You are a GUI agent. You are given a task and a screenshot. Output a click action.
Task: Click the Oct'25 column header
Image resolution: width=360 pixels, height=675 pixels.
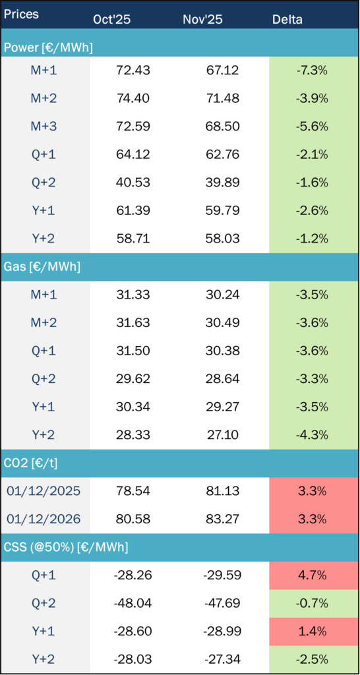pyautogui.click(x=112, y=19)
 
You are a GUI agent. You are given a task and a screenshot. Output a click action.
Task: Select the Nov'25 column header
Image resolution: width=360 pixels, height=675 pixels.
pyautogui.click(x=202, y=19)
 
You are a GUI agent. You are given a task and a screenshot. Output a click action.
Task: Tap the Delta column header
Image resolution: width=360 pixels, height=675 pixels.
pyautogui.click(x=287, y=19)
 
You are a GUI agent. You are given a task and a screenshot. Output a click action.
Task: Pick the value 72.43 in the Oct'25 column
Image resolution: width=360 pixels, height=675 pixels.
pyautogui.click(x=112, y=70)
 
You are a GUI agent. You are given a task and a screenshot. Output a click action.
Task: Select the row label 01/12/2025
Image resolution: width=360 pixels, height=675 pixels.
pyautogui.click(x=44, y=491)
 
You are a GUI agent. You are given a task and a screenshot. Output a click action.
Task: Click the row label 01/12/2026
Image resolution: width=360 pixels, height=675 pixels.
pyautogui.click(x=44, y=519)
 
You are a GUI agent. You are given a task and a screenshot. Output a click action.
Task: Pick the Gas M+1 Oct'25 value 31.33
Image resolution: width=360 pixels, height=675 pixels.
pyautogui.click(x=112, y=294)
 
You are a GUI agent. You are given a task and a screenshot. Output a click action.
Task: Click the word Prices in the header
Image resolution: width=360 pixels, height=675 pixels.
pyautogui.click(x=22, y=14)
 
